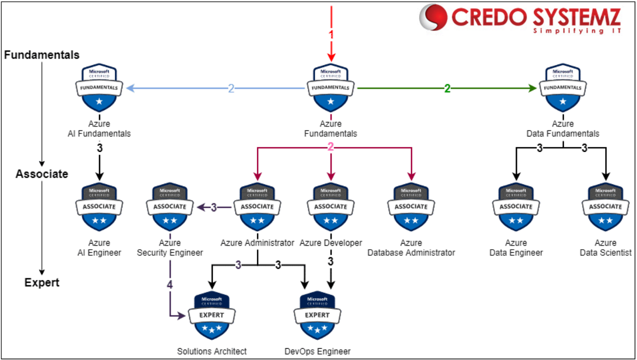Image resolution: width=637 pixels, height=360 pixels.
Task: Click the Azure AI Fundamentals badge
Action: tap(99, 88)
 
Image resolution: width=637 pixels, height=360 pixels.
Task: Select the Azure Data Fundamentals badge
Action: tap(562, 88)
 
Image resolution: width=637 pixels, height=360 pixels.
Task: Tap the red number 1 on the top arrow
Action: tap(331, 34)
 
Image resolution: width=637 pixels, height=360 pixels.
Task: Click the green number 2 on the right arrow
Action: tap(447, 88)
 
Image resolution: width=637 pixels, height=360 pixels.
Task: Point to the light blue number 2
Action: tap(231, 88)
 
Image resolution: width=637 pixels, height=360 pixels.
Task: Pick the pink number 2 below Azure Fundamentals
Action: tap(330, 147)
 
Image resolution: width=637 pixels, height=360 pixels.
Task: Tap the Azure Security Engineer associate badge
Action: tap(170, 207)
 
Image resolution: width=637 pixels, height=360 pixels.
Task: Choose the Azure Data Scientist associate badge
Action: tap(605, 207)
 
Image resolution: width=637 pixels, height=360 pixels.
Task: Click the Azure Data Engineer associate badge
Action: tap(516, 207)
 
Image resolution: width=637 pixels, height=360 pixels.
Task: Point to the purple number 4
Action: tap(170, 285)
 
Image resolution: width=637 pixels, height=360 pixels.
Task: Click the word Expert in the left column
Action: tap(42, 282)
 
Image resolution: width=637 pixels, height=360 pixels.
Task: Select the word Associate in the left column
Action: tap(42, 174)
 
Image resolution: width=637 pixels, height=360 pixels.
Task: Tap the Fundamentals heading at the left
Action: tap(42, 55)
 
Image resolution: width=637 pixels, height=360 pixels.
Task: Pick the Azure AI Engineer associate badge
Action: tap(99, 207)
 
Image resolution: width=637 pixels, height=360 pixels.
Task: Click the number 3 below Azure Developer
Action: tap(330, 262)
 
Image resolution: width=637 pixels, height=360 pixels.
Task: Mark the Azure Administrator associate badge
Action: tap(257, 207)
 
